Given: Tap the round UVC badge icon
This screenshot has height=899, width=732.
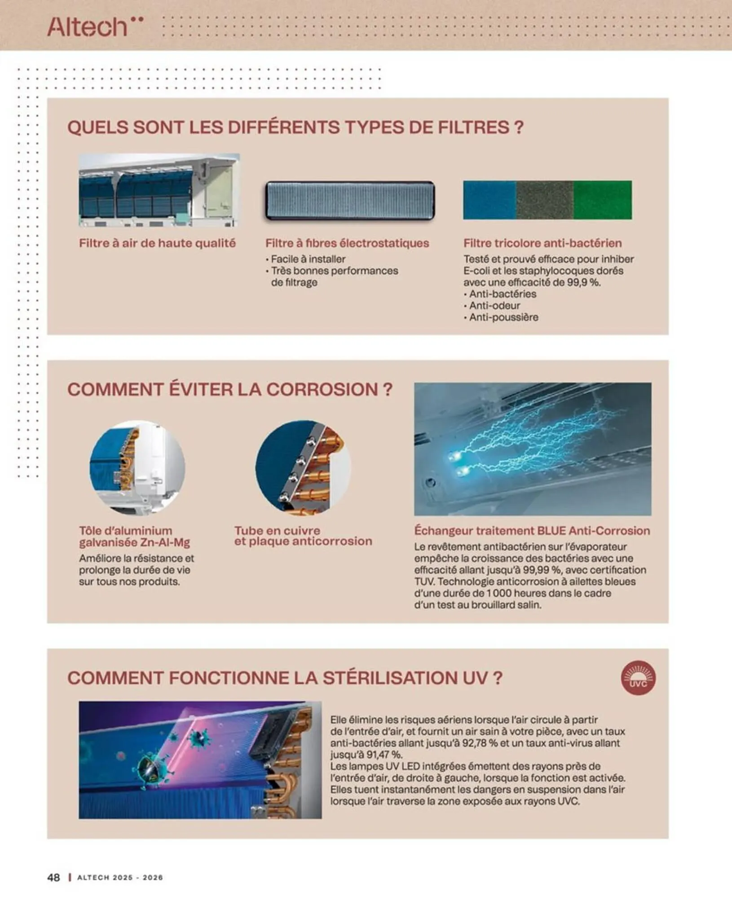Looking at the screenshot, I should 638,677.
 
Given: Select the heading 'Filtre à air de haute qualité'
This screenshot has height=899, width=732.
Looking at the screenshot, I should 157,243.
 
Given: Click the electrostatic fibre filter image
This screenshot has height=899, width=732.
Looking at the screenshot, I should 350,200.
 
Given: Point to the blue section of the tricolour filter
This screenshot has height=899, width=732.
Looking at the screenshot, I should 489,200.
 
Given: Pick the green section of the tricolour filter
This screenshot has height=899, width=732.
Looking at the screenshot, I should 603,200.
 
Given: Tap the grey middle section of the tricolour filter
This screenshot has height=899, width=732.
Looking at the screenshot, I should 545,200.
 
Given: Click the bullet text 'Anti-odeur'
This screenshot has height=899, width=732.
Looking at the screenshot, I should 494,306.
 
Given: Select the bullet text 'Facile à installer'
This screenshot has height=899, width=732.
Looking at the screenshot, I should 308,259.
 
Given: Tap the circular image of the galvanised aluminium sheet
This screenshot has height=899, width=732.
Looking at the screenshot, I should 137,467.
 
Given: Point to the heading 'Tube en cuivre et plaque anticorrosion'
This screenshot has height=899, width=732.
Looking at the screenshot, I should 303,536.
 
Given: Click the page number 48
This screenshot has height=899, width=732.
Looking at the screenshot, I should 53,877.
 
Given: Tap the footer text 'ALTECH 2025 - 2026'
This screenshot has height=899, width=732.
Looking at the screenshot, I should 120,877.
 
